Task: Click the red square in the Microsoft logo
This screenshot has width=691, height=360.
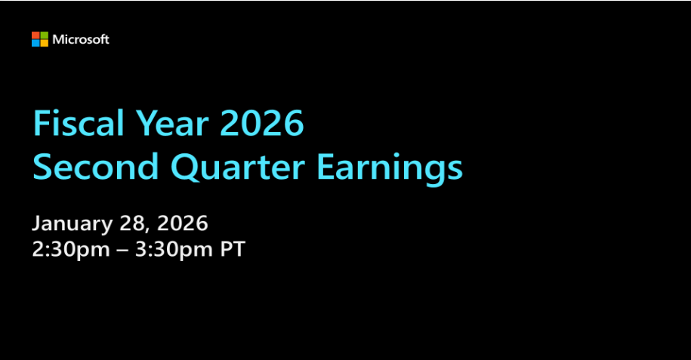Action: pos(35,35)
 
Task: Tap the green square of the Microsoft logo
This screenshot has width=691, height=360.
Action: pos(44,35)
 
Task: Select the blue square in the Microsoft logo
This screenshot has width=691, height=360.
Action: pos(35,43)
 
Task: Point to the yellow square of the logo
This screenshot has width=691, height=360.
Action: pos(44,43)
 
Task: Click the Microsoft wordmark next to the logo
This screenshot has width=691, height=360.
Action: pos(81,39)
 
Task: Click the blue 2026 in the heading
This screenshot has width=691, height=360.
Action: pos(261,124)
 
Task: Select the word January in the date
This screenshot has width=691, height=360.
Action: pos(72,224)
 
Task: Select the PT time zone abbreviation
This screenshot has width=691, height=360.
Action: pos(232,250)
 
